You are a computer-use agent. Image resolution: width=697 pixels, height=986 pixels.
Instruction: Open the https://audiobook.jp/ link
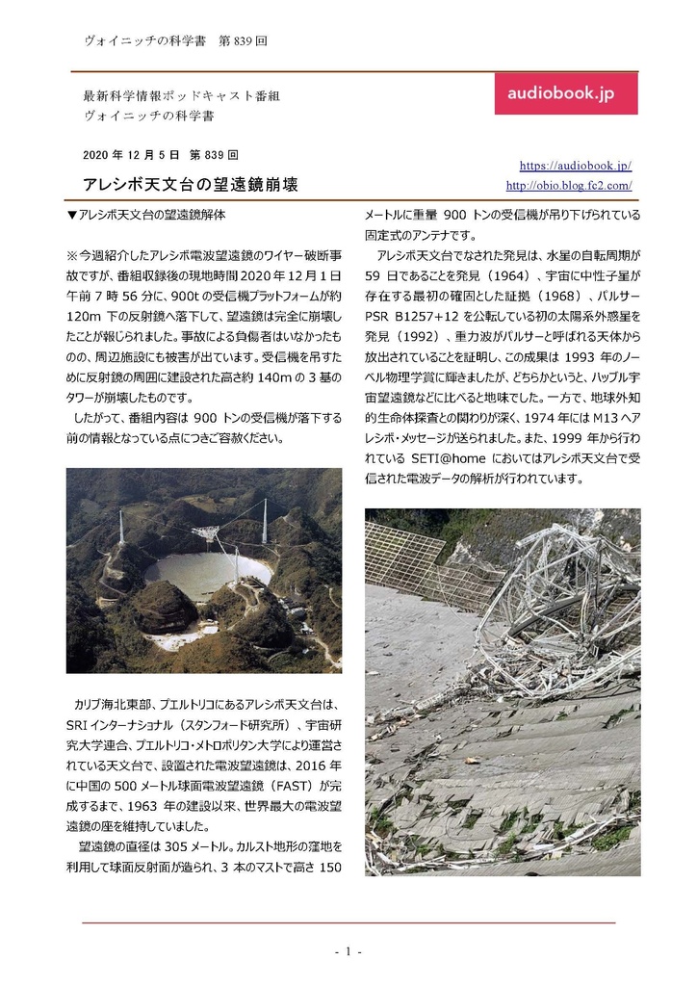point(575,166)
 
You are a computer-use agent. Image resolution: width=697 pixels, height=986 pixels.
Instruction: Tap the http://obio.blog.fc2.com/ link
point(568,185)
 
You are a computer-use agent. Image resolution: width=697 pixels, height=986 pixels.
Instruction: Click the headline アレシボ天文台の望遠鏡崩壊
point(191,184)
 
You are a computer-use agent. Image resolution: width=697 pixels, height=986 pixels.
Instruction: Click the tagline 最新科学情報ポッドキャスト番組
point(182,97)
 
